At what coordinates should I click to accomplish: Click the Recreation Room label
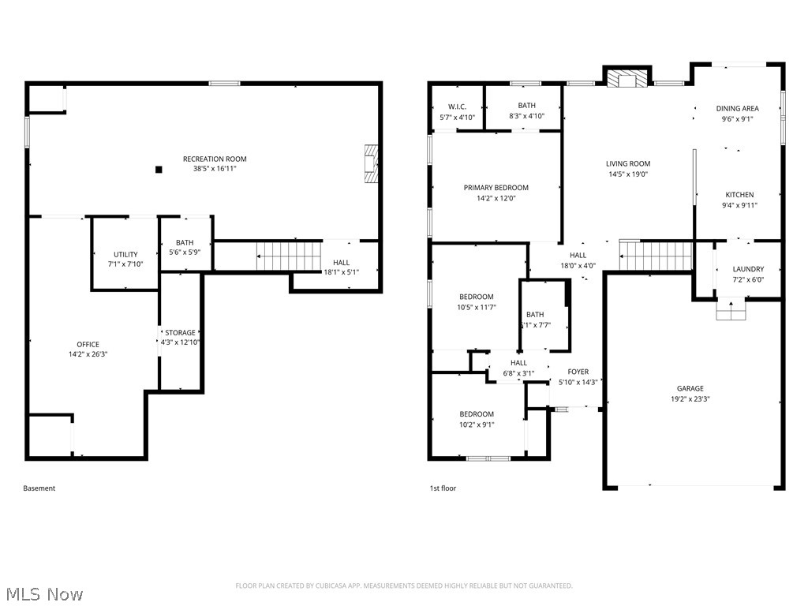point(215,159)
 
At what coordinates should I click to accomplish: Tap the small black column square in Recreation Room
point(159,169)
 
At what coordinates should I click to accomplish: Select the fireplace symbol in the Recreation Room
point(370,164)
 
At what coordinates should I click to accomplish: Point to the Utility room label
point(125,254)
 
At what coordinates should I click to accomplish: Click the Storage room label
point(180,333)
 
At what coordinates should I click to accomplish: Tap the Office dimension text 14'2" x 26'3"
point(88,354)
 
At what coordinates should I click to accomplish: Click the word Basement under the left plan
point(39,488)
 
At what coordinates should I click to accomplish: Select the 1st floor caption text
point(442,488)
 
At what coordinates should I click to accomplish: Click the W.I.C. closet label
point(457,107)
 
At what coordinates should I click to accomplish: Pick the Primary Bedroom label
point(496,188)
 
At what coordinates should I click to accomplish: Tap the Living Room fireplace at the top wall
point(627,77)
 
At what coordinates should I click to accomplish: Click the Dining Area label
point(737,109)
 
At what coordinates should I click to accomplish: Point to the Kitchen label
point(739,195)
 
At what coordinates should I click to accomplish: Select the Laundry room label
point(747,269)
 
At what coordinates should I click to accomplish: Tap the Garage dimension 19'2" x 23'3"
point(690,398)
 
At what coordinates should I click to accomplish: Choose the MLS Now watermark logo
point(44,593)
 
